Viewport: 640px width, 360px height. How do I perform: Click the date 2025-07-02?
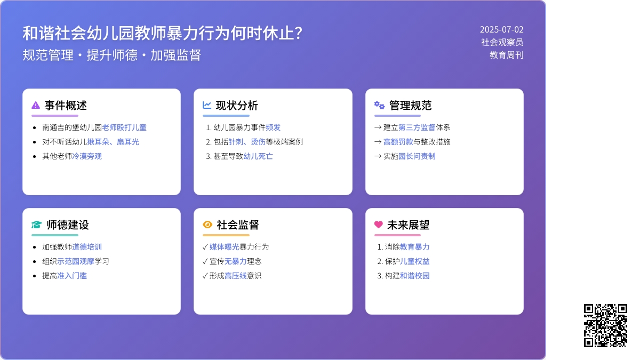(x=501, y=29)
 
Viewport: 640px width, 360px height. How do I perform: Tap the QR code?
(x=605, y=325)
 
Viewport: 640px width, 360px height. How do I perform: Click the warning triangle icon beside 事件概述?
(x=36, y=105)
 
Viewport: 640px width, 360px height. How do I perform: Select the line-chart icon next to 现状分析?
(x=207, y=105)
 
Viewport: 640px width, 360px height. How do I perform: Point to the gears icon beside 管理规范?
(x=379, y=105)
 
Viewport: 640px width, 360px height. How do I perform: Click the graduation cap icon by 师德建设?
(x=37, y=225)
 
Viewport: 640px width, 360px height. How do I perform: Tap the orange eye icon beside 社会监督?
(x=207, y=225)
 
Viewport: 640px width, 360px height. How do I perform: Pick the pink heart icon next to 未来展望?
(x=379, y=225)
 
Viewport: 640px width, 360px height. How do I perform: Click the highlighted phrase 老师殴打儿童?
(x=124, y=127)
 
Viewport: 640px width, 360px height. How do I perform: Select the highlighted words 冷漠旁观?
(x=87, y=156)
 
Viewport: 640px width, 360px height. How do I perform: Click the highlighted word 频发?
(x=273, y=127)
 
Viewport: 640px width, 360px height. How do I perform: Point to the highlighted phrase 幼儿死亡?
(x=258, y=156)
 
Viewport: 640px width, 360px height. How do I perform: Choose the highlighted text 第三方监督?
(x=417, y=127)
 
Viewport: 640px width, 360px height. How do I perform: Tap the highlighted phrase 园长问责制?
(x=417, y=156)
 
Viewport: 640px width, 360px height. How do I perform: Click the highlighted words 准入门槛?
(x=72, y=276)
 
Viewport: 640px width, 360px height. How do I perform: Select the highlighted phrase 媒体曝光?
(x=225, y=247)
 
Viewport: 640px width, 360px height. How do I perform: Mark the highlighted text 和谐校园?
(x=414, y=276)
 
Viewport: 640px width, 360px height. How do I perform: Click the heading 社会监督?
(x=238, y=225)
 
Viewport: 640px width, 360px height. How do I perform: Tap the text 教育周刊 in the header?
(x=507, y=55)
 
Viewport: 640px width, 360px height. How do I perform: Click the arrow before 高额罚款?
(x=378, y=142)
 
